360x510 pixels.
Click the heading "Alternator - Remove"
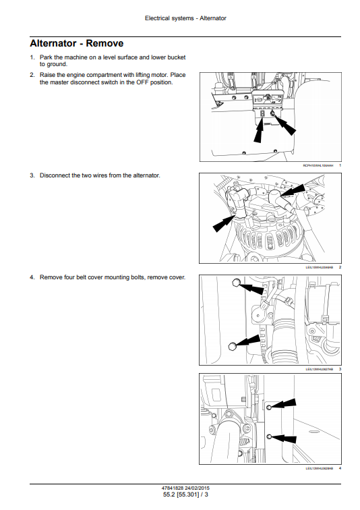pos(76,43)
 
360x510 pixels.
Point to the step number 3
pos(32,175)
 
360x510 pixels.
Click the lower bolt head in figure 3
pos(233,346)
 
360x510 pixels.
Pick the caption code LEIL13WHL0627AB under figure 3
pos(320,369)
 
